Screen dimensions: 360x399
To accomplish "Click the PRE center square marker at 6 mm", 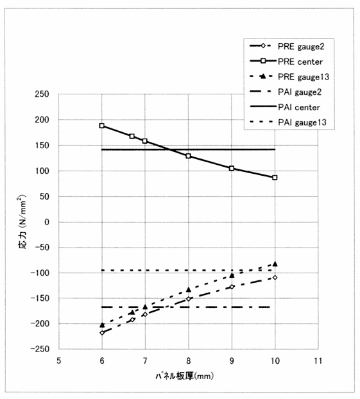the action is coord(102,126).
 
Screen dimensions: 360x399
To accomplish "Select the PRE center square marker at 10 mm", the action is coord(275,178).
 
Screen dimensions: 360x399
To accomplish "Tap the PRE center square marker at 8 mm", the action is coord(189,156).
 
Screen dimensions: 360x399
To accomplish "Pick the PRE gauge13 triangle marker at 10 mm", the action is coord(275,264).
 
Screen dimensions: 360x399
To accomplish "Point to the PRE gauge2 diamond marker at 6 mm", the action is coord(102,332).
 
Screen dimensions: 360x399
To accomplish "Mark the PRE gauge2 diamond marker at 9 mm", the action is coord(232,287).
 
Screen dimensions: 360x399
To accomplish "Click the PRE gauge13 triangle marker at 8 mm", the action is coord(189,289).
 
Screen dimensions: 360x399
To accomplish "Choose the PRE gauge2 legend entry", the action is coord(287,46).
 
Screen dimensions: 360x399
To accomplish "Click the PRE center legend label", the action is coord(300,62).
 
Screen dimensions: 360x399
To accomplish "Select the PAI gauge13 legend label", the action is coord(302,123).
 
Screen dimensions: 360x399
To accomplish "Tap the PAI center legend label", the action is coord(299,107).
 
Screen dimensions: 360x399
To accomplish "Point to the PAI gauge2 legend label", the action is coord(300,92).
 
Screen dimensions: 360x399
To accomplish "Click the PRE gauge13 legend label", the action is coord(304,77).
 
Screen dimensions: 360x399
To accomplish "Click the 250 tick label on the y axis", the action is coord(42,94).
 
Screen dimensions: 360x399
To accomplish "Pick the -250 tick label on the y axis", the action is coord(39,349).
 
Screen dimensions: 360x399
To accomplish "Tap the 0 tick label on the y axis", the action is coord(47,222).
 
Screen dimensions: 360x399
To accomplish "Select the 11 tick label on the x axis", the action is coord(318,361).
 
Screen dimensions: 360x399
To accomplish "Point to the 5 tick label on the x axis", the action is coord(59,361).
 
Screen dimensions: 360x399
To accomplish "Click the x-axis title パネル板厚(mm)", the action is coord(185,376).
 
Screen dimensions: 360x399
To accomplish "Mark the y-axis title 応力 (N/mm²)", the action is coord(22,221).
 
